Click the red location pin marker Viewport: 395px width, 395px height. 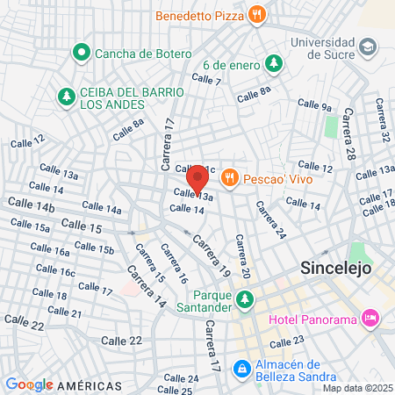click(197, 179)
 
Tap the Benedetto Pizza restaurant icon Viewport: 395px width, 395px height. click(257, 14)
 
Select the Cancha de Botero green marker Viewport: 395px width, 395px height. click(83, 54)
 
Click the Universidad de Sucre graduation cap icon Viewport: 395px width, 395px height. click(367, 44)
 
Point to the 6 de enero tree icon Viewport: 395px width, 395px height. click(274, 65)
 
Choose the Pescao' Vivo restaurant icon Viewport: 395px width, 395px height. click(230, 176)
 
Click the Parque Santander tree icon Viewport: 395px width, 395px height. click(245, 301)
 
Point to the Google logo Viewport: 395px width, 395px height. click(29, 384)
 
